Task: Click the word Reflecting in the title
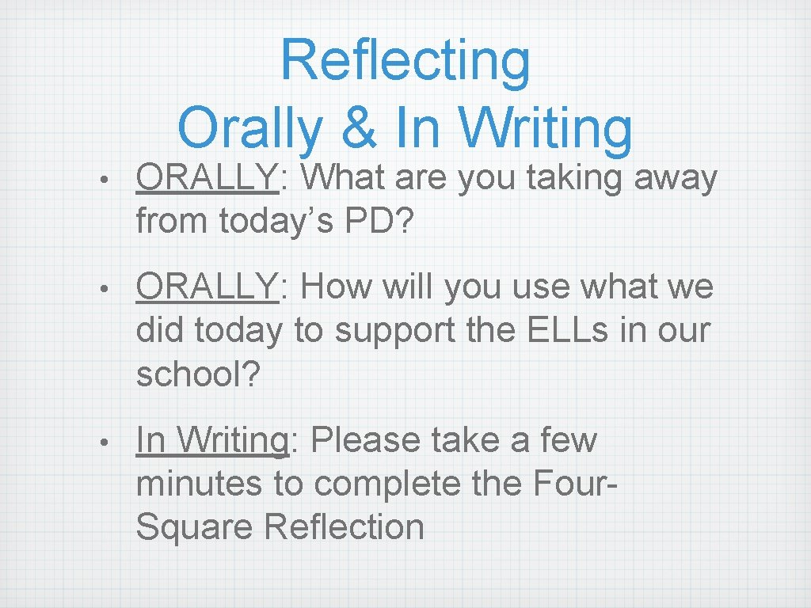(405, 61)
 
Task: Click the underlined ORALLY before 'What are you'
(208, 179)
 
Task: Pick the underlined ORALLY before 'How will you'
(208, 288)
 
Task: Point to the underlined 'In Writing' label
(211, 440)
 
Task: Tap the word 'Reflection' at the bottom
(345, 526)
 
